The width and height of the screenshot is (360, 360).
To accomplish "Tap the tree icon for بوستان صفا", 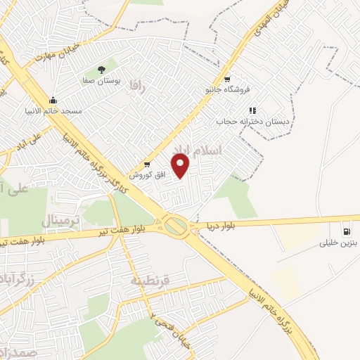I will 102,70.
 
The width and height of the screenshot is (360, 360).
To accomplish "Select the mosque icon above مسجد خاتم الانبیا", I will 53,101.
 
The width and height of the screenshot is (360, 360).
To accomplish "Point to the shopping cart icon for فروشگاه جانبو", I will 227,79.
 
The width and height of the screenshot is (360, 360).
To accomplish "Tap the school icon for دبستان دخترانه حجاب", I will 252,110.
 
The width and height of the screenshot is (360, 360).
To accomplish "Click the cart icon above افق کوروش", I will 146,164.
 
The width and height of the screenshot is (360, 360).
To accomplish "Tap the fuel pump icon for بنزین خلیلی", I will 347,231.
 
